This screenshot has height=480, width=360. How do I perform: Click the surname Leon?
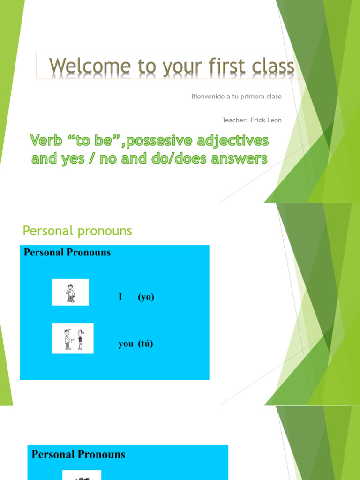[274, 120]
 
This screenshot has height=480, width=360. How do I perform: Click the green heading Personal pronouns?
[77, 231]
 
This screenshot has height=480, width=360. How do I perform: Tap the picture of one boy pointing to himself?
[70, 292]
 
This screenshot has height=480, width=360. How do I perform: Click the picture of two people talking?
[73, 338]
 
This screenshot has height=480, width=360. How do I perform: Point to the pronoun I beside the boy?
[121, 297]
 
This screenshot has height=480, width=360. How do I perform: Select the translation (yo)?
[146, 297]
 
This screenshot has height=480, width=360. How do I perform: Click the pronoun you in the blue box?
[126, 344]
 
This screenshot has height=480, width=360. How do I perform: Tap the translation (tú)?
[145, 344]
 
